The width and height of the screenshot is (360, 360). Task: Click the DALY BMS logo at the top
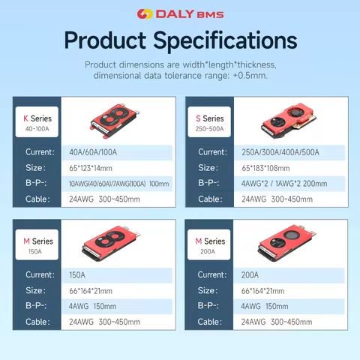180,13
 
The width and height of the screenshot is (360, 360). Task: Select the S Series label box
210,121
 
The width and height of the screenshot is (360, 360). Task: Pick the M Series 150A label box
36,244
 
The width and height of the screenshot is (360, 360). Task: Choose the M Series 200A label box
210,244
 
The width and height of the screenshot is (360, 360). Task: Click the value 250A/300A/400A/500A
280,152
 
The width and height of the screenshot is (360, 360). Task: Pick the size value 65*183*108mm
270,168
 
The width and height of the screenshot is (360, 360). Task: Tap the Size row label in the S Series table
208,168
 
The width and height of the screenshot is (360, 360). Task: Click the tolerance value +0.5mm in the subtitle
247,76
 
